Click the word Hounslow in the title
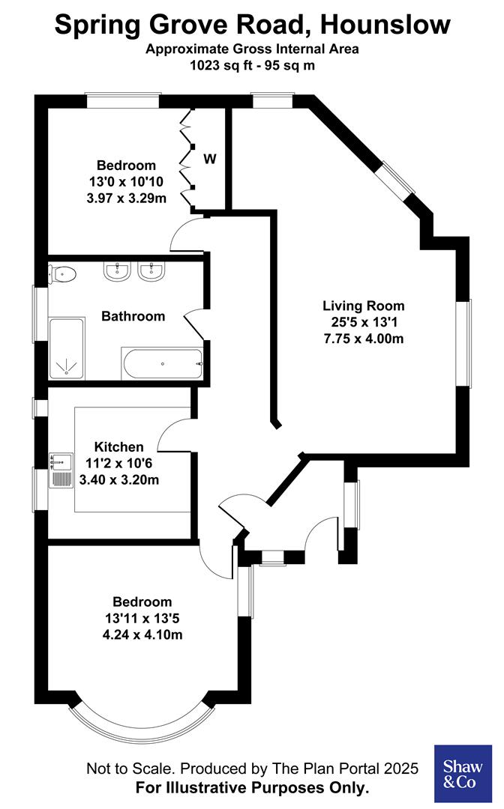click(x=385, y=25)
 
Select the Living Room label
click(x=364, y=306)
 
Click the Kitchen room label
click(x=113, y=447)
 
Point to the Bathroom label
click(x=133, y=316)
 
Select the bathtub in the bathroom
click(x=161, y=364)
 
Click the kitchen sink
click(x=61, y=470)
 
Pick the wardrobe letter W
click(x=211, y=159)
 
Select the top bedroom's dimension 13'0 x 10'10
click(x=126, y=181)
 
